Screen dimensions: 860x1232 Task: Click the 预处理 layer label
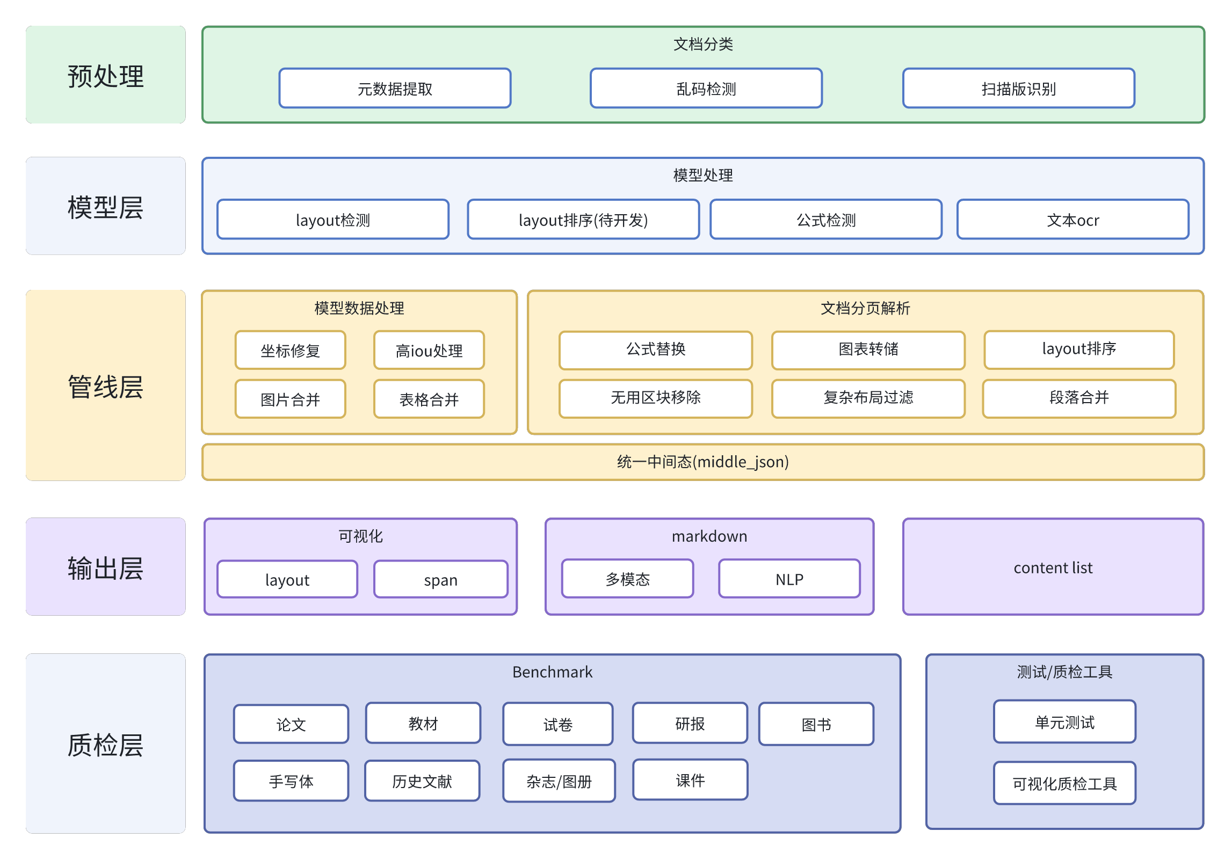[106, 75]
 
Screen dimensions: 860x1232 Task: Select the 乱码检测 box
[706, 89]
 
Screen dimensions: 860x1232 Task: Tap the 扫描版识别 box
[1018, 89]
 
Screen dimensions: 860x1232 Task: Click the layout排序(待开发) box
[583, 220]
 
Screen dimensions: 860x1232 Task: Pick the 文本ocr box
[1072, 220]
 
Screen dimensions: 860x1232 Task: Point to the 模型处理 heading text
[702, 175]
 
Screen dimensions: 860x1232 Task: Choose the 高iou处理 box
[429, 351]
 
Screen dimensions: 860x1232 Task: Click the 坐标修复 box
[290, 351]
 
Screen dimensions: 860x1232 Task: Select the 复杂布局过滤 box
[868, 398]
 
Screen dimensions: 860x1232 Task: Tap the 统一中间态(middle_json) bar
[702, 462]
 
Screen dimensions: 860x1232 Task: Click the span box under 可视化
[440, 579]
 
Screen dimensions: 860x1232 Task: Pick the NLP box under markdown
[789, 579]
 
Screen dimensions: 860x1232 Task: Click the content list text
[1053, 567]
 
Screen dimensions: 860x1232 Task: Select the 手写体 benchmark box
[291, 781]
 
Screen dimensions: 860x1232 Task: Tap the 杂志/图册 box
[559, 781]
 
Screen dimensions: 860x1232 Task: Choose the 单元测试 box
[1064, 722]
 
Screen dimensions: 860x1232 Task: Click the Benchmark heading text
[552, 672]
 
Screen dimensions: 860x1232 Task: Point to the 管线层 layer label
[106, 387]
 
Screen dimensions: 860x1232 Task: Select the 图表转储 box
[868, 349]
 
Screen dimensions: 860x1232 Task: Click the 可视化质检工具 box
[1064, 783]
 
